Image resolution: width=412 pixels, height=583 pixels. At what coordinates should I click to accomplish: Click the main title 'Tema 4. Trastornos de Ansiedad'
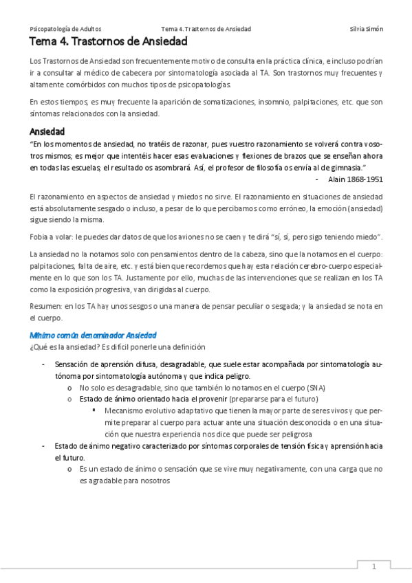coord(108,43)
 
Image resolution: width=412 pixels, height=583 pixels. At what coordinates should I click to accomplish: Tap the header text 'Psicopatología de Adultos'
coord(66,29)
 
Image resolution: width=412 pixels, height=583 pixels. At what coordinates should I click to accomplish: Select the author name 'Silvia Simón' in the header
coord(367,29)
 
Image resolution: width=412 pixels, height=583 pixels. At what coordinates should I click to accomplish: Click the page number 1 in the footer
coord(373,566)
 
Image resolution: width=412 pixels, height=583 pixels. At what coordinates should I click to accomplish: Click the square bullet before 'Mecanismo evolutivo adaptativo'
coord(94,410)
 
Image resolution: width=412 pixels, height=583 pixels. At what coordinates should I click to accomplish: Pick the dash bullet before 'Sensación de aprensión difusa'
coord(43,364)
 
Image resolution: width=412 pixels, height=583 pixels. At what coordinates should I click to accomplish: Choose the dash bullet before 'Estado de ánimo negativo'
coord(43,446)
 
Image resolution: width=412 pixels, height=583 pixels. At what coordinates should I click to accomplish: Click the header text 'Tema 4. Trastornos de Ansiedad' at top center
coord(206,29)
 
